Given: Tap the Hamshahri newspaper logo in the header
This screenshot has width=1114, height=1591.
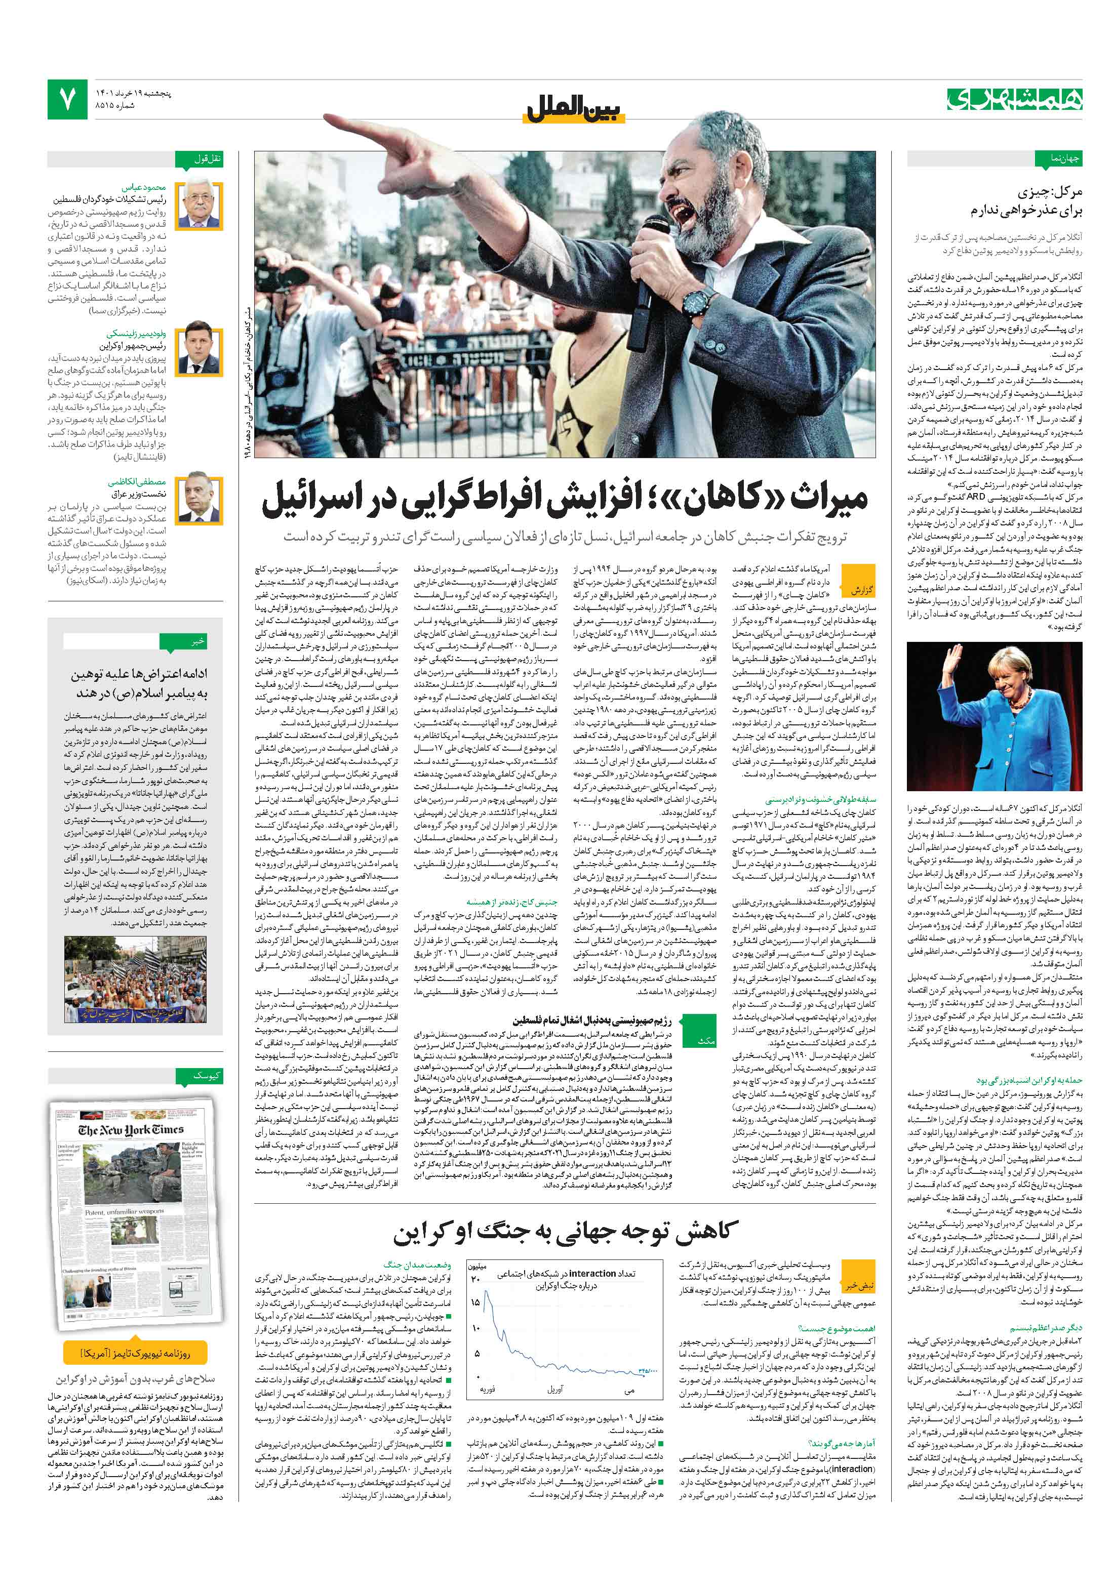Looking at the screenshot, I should pos(1014,100).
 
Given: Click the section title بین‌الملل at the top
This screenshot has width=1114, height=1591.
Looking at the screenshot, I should pos(575,109).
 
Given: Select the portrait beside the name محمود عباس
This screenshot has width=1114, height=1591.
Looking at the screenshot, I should pos(199,206).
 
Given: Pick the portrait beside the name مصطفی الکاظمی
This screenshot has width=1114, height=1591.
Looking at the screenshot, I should pos(199,500).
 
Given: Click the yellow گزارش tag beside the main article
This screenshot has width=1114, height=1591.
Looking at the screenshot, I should pos(861,590).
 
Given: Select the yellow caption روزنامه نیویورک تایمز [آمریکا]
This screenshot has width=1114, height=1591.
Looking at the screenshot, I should pos(135,1353).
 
